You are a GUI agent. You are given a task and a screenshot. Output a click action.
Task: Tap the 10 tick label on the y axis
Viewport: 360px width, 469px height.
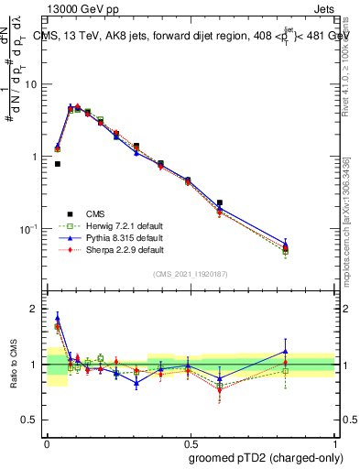[32, 84]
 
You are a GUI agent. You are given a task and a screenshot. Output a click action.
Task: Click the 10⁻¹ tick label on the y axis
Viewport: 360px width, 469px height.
[30, 228]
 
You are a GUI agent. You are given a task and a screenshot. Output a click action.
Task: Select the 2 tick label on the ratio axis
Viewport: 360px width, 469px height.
[36, 309]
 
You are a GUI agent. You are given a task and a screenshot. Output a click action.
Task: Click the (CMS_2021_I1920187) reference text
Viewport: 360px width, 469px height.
[191, 274]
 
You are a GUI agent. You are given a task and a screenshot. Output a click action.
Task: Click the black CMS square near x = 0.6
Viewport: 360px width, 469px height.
[220, 202]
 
